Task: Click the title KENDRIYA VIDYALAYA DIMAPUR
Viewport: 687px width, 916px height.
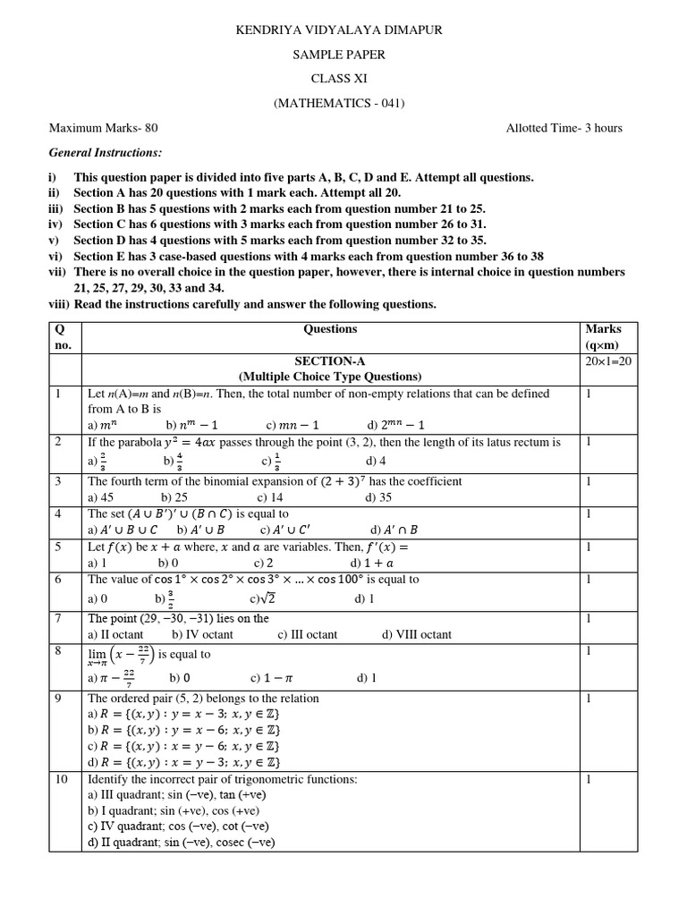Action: point(338,30)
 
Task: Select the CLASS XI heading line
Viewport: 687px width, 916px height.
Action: point(338,79)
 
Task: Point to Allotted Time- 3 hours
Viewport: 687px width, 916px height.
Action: point(564,128)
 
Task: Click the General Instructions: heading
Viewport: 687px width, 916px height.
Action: point(106,153)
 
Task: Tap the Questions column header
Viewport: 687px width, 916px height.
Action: point(330,329)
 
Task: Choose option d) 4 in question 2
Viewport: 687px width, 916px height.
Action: point(377,462)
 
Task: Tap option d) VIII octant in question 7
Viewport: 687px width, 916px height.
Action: point(417,634)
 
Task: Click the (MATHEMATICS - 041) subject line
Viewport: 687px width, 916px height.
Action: point(338,103)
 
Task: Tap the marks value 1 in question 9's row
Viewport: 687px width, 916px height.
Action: point(589,699)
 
